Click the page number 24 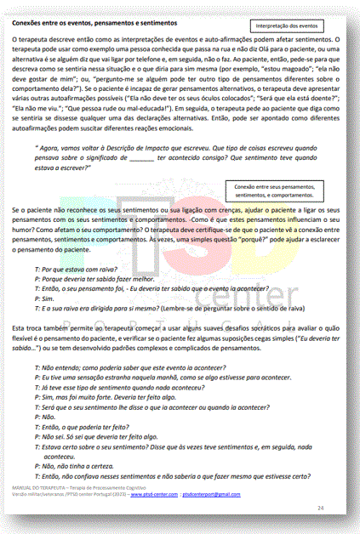coord(321,507)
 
